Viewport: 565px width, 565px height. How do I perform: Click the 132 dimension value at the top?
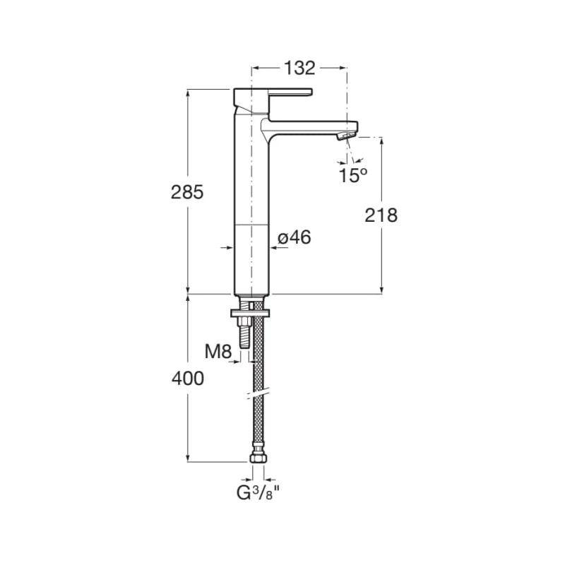(299, 68)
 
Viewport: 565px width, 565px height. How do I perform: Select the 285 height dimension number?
(187, 191)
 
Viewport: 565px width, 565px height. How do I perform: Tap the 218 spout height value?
(381, 215)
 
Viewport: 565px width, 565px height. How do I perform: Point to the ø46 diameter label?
(294, 238)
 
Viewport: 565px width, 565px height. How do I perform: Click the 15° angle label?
(352, 176)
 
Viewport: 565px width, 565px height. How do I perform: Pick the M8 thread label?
(218, 351)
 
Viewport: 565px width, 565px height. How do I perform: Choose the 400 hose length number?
(187, 379)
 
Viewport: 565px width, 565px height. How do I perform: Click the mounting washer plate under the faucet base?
(251, 311)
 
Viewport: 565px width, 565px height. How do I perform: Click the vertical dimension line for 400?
(188, 424)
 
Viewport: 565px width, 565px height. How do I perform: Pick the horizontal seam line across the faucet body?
(251, 225)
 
